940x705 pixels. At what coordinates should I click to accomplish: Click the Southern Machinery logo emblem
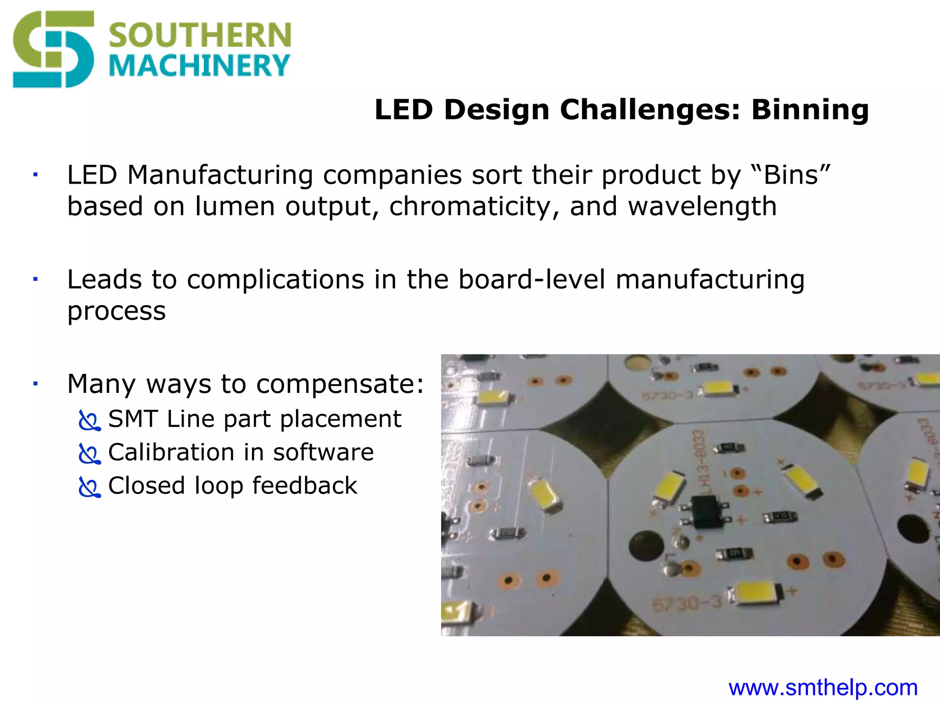(53, 50)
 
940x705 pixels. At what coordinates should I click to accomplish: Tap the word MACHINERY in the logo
(199, 66)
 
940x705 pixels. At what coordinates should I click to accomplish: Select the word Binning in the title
(810, 110)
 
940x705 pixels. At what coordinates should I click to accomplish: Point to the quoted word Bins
(792, 175)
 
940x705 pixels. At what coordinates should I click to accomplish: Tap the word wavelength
(702, 206)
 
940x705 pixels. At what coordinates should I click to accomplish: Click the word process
(117, 311)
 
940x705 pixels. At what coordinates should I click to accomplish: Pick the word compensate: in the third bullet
(340, 384)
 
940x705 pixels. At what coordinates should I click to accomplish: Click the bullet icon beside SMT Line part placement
(89, 420)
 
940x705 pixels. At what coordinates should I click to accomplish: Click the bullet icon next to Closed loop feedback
(89, 487)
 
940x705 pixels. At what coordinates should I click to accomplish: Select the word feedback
(305, 486)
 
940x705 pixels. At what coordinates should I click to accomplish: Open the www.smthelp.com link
(823, 688)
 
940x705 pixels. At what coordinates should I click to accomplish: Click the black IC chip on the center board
(706, 510)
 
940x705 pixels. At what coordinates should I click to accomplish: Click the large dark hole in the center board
(646, 546)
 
